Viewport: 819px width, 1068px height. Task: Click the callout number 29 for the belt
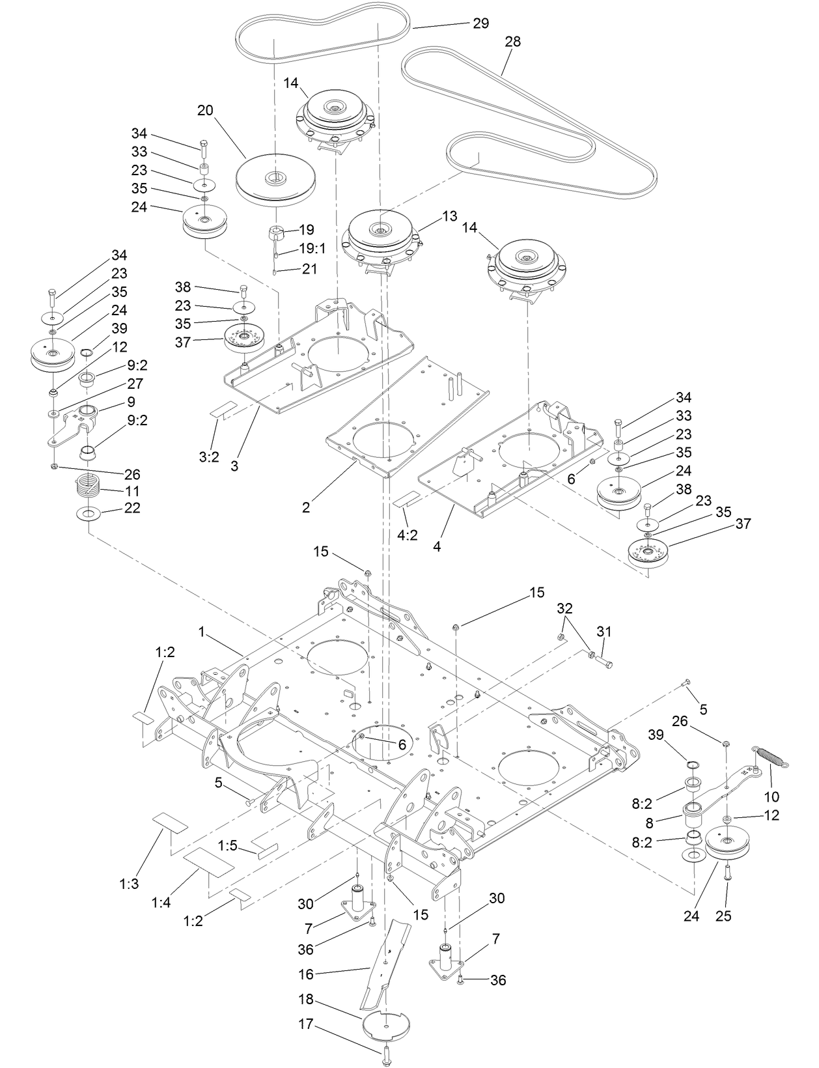click(x=480, y=23)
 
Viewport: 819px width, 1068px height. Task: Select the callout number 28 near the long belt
click(x=512, y=42)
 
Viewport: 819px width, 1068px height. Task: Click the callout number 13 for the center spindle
click(x=450, y=216)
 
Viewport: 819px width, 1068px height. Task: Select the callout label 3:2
click(x=208, y=457)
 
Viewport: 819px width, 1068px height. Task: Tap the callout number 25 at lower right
click(x=724, y=916)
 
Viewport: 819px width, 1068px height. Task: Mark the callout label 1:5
click(x=227, y=845)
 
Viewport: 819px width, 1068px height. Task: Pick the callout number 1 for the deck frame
click(x=202, y=632)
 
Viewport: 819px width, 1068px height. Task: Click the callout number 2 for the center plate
click(x=307, y=507)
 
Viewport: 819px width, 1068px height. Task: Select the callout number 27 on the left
click(x=135, y=384)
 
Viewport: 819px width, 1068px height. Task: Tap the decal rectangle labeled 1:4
click(x=208, y=864)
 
